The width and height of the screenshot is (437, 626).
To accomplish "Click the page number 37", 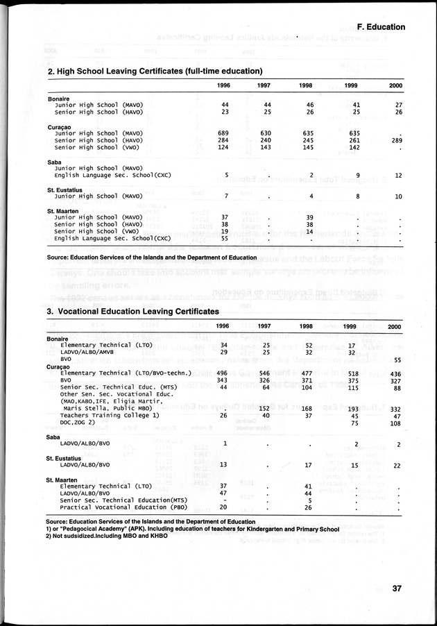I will point(397,589).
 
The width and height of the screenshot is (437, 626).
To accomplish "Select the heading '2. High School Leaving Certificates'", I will point(155,71).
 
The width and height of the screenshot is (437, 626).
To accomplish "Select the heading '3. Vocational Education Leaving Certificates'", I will point(132,312).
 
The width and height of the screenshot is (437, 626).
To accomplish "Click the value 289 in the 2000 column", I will point(396,140).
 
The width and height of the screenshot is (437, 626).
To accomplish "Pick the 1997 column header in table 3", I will point(264,326).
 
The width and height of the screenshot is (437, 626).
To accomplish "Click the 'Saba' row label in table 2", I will point(55,161).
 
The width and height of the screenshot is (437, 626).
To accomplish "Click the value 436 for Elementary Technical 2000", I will point(395,373).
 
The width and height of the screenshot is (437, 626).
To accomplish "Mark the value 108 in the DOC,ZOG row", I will point(395,423).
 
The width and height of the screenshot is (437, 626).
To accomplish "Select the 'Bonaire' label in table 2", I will point(58,99).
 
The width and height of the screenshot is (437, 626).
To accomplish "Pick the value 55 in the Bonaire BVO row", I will point(397,359).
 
